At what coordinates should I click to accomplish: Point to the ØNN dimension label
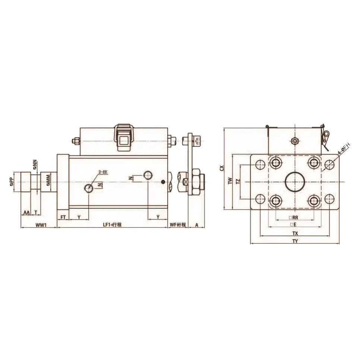[35, 164]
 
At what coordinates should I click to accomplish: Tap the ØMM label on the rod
[48, 181]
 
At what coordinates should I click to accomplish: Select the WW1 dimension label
[41, 225]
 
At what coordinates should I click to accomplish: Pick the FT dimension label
[63, 217]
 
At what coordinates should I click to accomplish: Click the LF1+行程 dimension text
[113, 225]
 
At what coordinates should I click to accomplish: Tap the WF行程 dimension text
[177, 225]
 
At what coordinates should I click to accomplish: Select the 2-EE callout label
[103, 172]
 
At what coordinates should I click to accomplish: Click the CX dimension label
[221, 168]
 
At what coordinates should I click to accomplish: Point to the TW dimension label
[230, 181]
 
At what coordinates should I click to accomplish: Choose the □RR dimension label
[294, 217]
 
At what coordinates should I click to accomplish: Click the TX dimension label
[295, 233]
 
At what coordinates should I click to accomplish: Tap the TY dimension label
[295, 241]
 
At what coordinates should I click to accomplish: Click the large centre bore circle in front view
[295, 182]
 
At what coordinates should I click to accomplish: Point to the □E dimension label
[294, 225]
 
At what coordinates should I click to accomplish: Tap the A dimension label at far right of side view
[196, 225]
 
